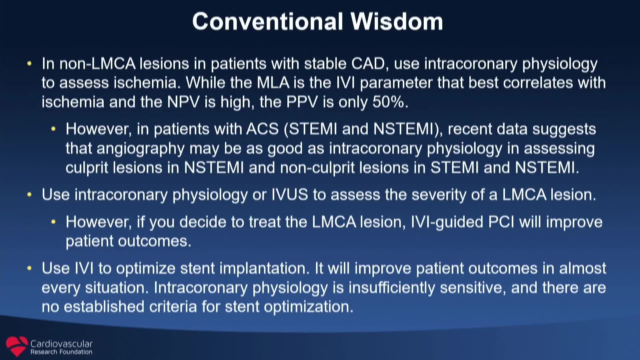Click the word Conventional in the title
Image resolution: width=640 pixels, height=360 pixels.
point(268,21)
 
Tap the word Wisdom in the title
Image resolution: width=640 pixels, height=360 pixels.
point(397,21)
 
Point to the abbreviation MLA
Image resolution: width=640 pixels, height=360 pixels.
point(273,83)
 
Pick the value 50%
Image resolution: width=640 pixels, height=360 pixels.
point(390,102)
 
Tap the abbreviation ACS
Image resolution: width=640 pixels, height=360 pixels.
point(262,129)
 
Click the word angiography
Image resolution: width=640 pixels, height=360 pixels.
point(140,149)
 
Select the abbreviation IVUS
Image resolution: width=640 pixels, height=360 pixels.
point(290,195)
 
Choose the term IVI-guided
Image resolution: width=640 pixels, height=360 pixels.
point(447,222)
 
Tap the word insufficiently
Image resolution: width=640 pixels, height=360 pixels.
point(392,288)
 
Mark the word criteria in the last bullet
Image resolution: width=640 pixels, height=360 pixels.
point(173,307)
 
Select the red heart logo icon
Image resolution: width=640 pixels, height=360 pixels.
point(17,346)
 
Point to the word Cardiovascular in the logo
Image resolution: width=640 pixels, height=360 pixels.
point(61,344)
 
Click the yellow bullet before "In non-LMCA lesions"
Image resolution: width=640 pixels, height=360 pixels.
point(29,63)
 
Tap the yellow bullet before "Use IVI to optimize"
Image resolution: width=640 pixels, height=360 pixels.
point(29,268)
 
